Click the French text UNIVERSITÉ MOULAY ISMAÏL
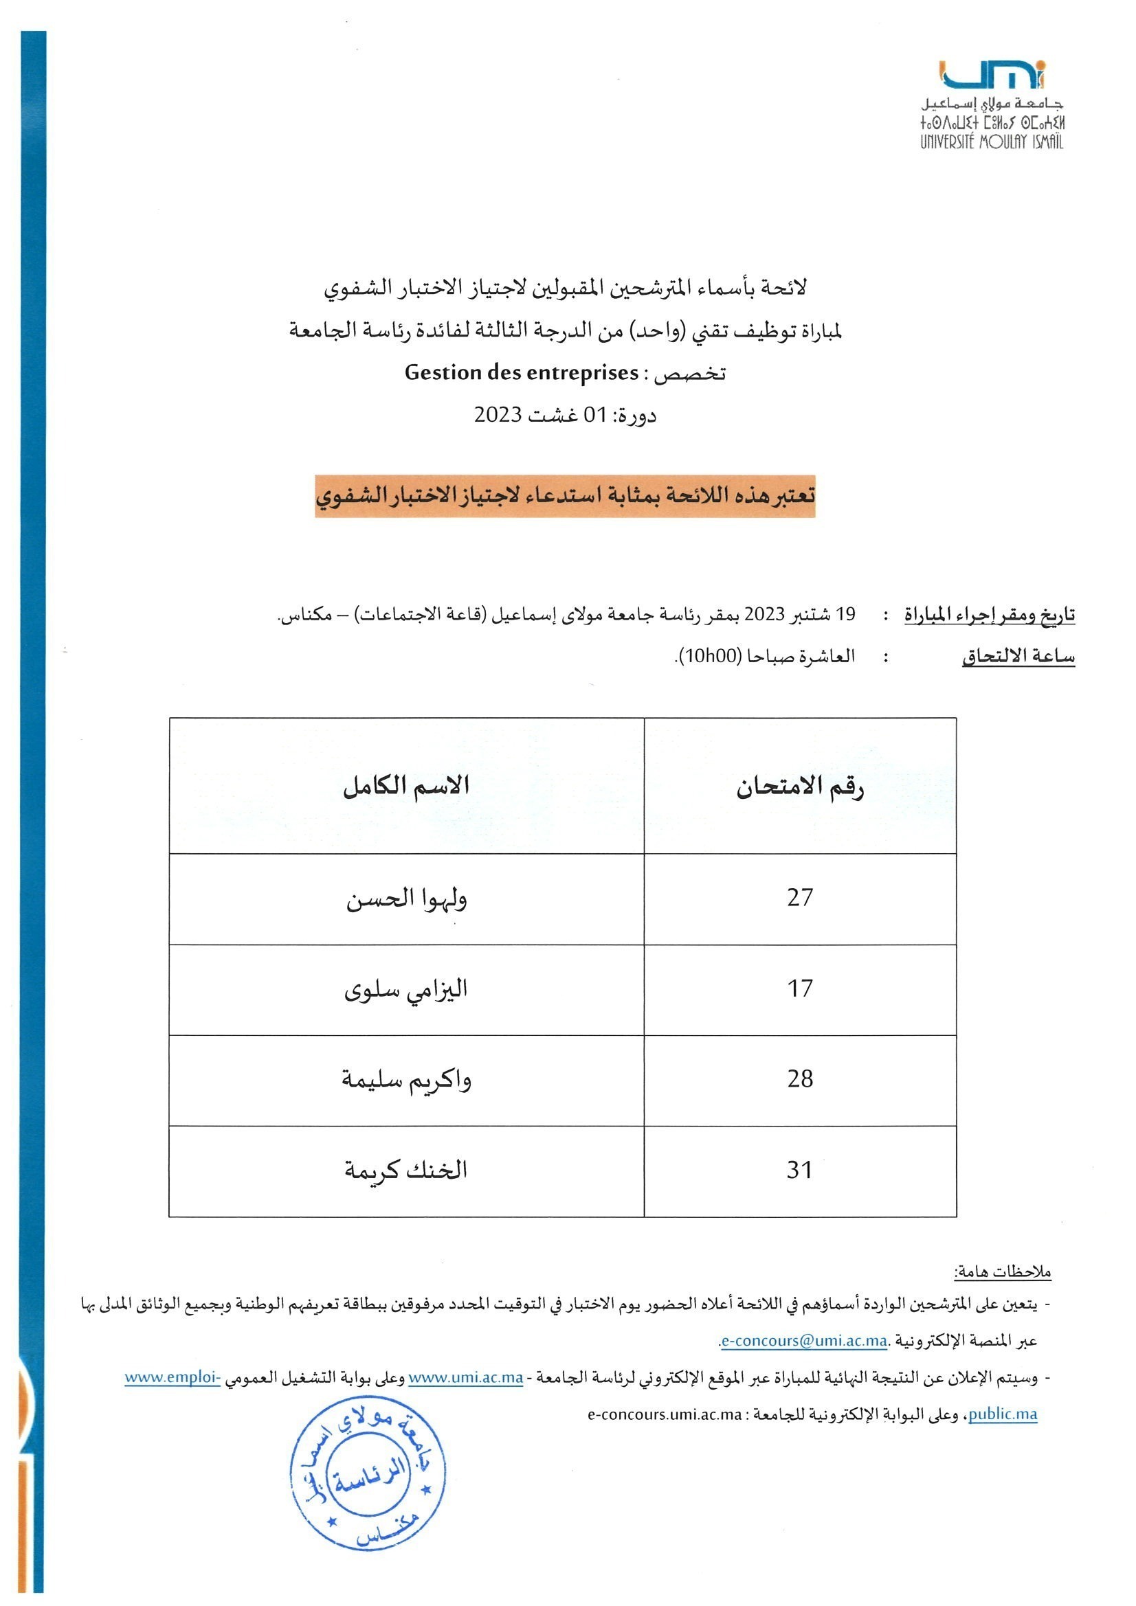point(991,142)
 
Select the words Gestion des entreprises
point(522,373)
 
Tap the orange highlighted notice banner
point(565,496)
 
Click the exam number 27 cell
point(799,897)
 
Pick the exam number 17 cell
point(799,988)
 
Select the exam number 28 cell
point(799,1079)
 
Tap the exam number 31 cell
point(799,1170)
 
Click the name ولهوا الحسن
point(406,898)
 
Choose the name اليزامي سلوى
point(406,989)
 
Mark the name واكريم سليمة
point(406,1080)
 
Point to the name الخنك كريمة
point(406,1170)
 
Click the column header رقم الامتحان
point(799,788)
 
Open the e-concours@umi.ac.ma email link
point(804,1341)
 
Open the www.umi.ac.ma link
point(465,1377)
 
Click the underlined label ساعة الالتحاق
point(1018,657)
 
